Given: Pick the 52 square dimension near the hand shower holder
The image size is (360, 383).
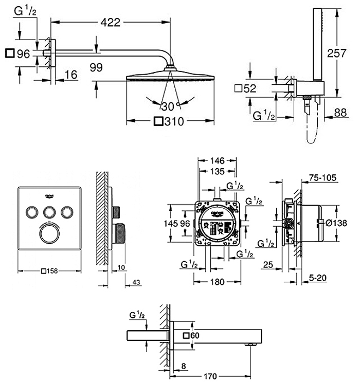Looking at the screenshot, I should point(249,88).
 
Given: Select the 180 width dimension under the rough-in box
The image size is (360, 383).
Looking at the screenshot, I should point(217,281).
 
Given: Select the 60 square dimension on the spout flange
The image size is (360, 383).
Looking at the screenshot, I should point(193,335).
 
